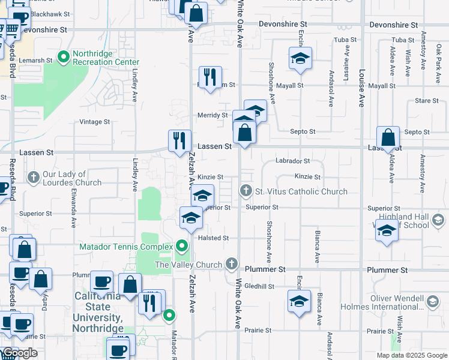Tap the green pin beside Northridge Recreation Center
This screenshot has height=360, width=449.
(x=63, y=57)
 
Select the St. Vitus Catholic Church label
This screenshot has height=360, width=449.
(x=301, y=191)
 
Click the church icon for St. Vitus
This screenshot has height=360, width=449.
(x=246, y=191)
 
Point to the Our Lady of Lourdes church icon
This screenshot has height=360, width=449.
(x=33, y=178)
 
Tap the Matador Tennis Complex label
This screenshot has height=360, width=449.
(x=126, y=247)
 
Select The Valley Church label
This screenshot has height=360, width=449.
(x=188, y=265)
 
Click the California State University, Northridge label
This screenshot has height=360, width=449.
(x=98, y=312)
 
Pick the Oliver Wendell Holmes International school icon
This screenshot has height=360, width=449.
(x=432, y=301)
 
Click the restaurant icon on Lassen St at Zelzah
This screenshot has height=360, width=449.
(x=179, y=142)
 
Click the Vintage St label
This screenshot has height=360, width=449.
(x=95, y=122)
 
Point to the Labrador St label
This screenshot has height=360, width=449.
(x=292, y=161)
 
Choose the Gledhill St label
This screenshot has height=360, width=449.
(x=259, y=286)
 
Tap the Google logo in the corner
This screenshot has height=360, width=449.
(x=19, y=353)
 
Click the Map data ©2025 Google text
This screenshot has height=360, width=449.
(x=411, y=355)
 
